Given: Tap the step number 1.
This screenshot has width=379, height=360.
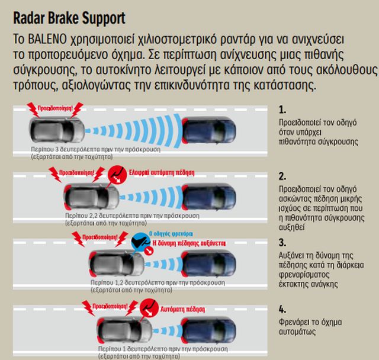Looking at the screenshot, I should click(x=282, y=110).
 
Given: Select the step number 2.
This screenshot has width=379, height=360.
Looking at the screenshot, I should click(x=282, y=176).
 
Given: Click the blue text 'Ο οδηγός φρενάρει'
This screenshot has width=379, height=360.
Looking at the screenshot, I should click(x=172, y=233).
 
